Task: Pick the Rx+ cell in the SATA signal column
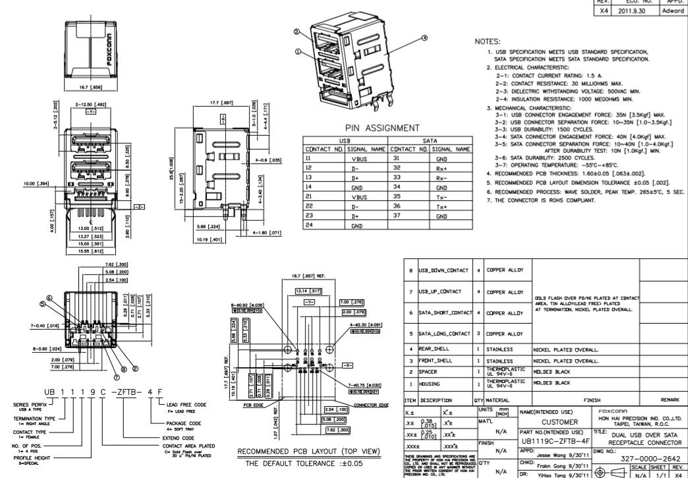point(438,167)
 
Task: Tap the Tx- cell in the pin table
point(438,196)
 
